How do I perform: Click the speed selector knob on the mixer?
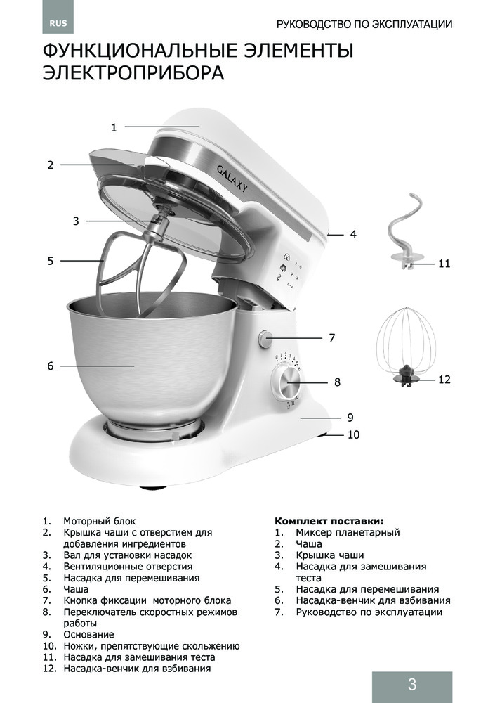(x=288, y=383)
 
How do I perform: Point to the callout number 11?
(x=443, y=264)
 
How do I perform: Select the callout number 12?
(x=443, y=380)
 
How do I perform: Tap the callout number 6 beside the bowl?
(x=51, y=366)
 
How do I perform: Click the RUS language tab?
(x=58, y=23)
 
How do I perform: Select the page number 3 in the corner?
(x=411, y=685)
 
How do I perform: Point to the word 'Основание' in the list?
(x=88, y=634)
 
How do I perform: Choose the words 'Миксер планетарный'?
(x=348, y=532)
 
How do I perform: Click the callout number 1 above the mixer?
(x=114, y=127)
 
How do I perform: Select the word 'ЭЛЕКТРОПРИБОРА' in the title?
(x=133, y=73)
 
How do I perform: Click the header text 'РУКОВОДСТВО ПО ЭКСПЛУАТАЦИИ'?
(x=364, y=24)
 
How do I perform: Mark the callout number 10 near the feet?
(x=353, y=435)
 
